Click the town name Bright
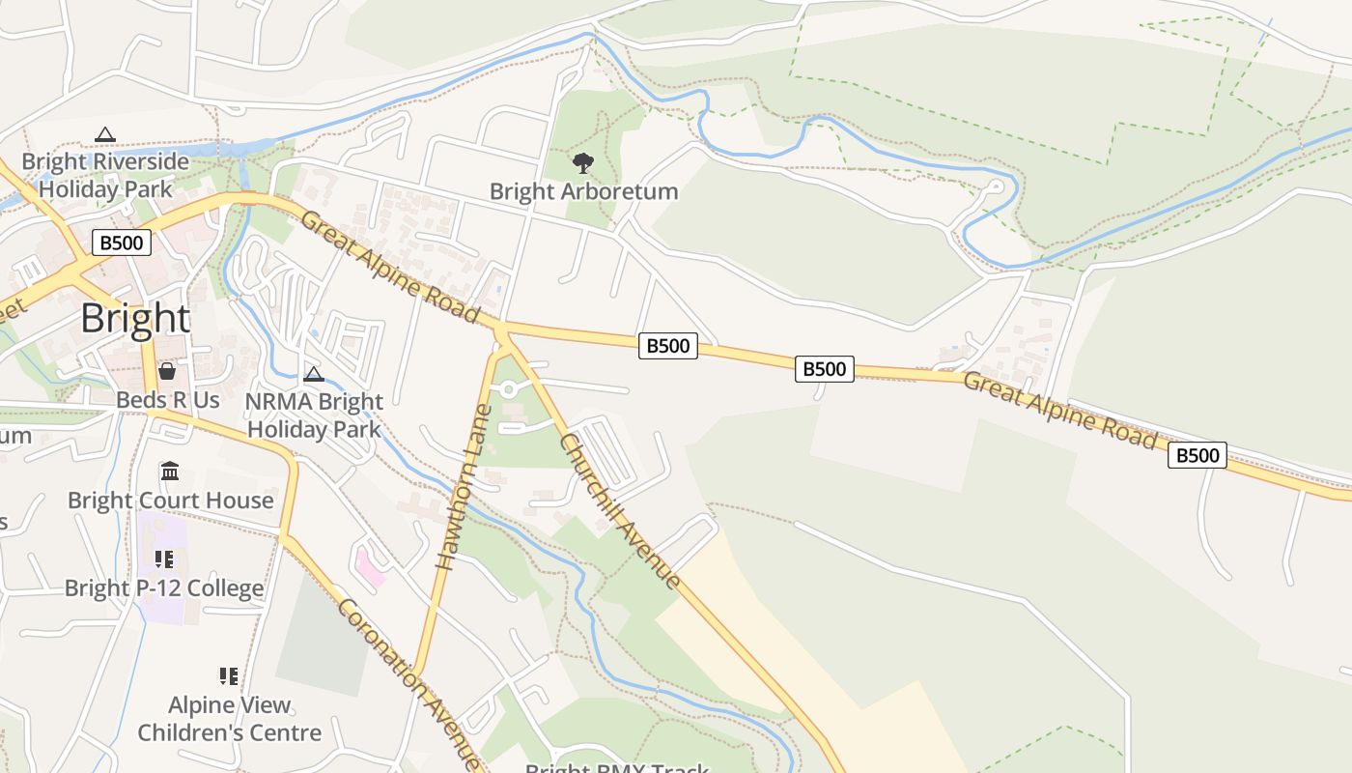(135, 318)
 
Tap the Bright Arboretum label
(583, 191)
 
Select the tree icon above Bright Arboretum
(582, 162)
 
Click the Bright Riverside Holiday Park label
(105, 175)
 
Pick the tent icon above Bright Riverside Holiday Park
(105, 134)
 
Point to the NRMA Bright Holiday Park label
(314, 415)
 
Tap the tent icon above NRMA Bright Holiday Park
(313, 374)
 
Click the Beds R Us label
(168, 399)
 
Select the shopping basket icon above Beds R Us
(167, 371)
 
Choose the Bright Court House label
(171, 500)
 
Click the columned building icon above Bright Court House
(170, 472)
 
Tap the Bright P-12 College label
(164, 588)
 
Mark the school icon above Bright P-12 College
(164, 559)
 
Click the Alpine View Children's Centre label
(229, 719)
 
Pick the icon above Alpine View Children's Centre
(229, 675)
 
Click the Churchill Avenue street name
(620, 510)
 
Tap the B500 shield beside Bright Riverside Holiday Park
(122, 242)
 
